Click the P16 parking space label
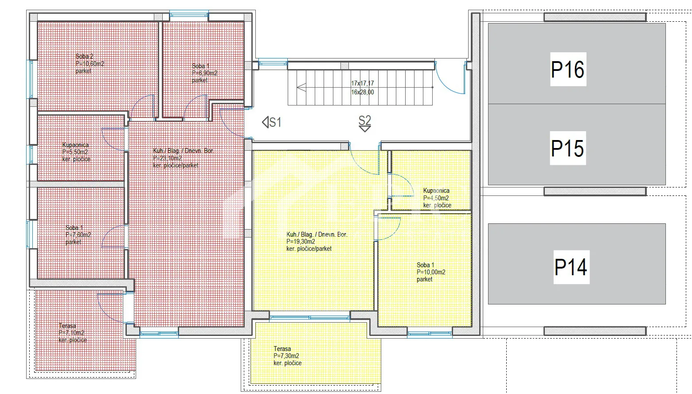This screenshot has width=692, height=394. (568, 70)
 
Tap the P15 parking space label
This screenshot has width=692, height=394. (568, 148)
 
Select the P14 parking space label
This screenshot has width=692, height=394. (571, 267)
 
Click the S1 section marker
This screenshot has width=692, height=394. (272, 122)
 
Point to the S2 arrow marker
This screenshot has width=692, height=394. (365, 124)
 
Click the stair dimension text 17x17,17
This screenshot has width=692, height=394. (362, 83)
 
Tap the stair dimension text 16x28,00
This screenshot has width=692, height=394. (362, 92)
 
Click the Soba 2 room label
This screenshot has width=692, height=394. (84, 56)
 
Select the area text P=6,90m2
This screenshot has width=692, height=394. (204, 73)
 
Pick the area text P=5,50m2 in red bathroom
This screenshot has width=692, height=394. (75, 152)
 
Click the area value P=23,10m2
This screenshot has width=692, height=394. (168, 158)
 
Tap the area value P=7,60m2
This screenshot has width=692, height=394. (78, 234)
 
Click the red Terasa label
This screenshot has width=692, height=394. (67, 326)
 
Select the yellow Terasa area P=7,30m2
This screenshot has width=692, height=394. (286, 356)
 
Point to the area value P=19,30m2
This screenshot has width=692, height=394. (301, 242)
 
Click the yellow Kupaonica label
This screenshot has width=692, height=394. (436, 191)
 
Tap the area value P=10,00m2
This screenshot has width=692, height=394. (431, 272)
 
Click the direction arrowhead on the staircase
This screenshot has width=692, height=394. (301, 87)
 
